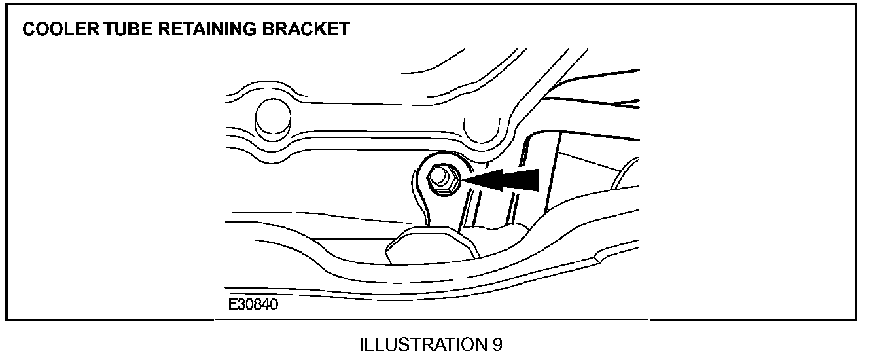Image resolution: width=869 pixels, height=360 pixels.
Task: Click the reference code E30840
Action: point(253,305)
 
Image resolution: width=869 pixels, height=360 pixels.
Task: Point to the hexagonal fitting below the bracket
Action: point(426,245)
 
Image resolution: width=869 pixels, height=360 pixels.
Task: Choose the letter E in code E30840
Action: point(233,305)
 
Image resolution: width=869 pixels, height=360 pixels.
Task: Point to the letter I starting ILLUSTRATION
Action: point(363,345)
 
